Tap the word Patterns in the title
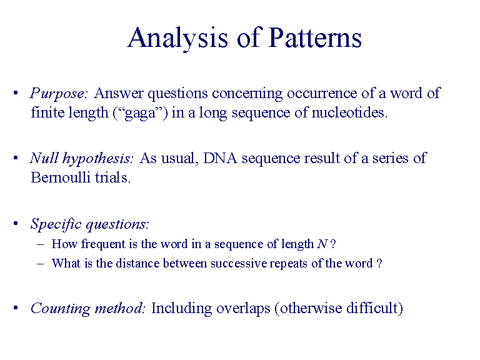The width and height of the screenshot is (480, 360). (x=316, y=39)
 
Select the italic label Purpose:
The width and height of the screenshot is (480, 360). (x=59, y=94)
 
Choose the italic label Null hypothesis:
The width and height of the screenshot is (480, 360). (x=82, y=158)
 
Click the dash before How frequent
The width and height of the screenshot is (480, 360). (x=41, y=244)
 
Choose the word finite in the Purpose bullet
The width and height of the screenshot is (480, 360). (x=46, y=114)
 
